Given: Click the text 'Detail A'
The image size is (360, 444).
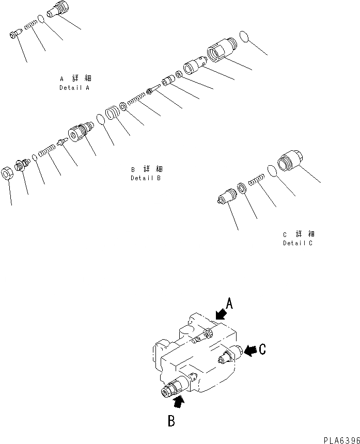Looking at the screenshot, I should [75, 88].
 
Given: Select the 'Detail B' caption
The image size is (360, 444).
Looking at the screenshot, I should [146, 178].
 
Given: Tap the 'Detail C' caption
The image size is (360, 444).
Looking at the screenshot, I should [298, 243].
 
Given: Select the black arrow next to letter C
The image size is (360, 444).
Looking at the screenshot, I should [250, 351].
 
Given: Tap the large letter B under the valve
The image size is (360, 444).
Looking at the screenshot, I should [171, 421].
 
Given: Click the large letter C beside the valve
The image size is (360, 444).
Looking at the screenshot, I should [262, 350].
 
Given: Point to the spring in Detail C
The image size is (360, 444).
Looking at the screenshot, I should [257, 181].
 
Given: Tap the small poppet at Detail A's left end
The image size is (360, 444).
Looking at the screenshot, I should [15, 34].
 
